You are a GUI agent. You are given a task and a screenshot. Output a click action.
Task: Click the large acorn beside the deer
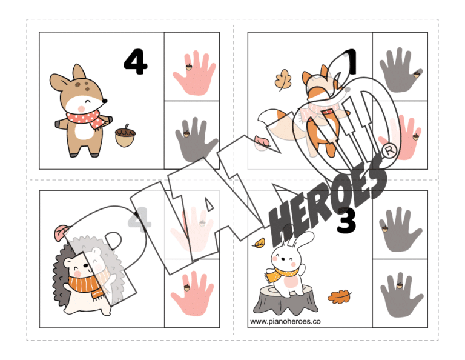(125, 136)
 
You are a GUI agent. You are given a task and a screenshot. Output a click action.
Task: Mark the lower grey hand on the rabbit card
(400, 295)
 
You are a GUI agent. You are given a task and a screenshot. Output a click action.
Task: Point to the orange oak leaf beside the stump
(340, 297)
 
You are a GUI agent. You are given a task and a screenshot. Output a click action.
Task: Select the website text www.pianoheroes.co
(285, 322)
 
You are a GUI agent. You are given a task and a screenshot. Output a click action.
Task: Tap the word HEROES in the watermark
(327, 197)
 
